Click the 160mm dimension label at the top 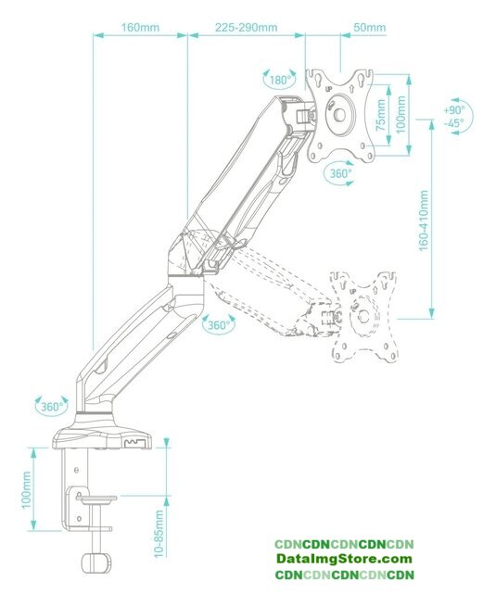140,28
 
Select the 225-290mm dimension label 246,28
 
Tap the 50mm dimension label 369,28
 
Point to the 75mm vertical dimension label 381,115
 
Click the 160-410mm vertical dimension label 424,221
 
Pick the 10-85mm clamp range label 159,534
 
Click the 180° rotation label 280,81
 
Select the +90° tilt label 454,110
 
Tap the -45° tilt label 454,123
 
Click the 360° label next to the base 52,407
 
